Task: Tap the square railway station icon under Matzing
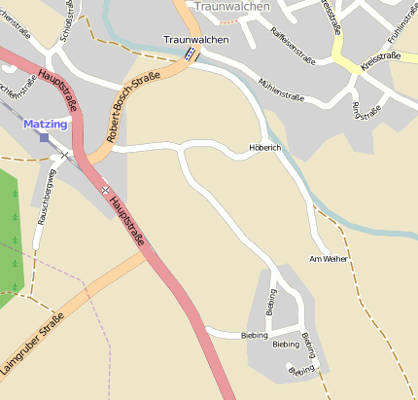point(44,137)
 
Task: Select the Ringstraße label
point(367,109)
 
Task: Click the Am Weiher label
point(328,259)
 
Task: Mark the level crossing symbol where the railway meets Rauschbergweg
point(64,154)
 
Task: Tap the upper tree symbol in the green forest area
point(16,193)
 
